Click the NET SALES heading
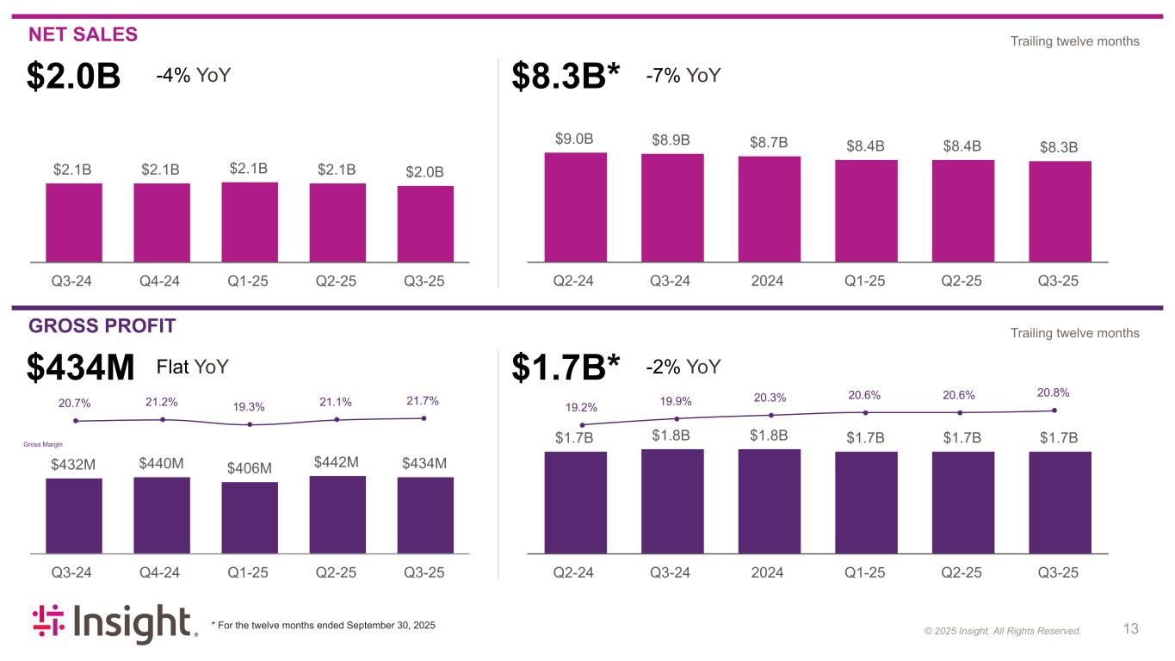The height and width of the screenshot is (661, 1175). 83,34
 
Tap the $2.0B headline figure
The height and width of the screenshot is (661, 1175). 73,77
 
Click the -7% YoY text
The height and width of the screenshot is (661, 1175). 683,76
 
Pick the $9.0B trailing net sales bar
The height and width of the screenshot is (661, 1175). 575,207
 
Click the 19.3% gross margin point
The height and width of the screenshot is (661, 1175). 250,424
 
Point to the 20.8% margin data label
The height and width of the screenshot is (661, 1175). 1054,392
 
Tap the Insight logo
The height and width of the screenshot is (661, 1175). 115,625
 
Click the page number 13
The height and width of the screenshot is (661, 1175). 1130,629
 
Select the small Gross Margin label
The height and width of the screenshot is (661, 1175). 42,445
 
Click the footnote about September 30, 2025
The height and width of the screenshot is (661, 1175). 323,625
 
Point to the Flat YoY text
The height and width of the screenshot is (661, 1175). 192,368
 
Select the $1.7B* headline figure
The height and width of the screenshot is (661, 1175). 566,368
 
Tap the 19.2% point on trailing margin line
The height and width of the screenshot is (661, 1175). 583,425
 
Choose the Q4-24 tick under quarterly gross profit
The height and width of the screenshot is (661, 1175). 161,573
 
